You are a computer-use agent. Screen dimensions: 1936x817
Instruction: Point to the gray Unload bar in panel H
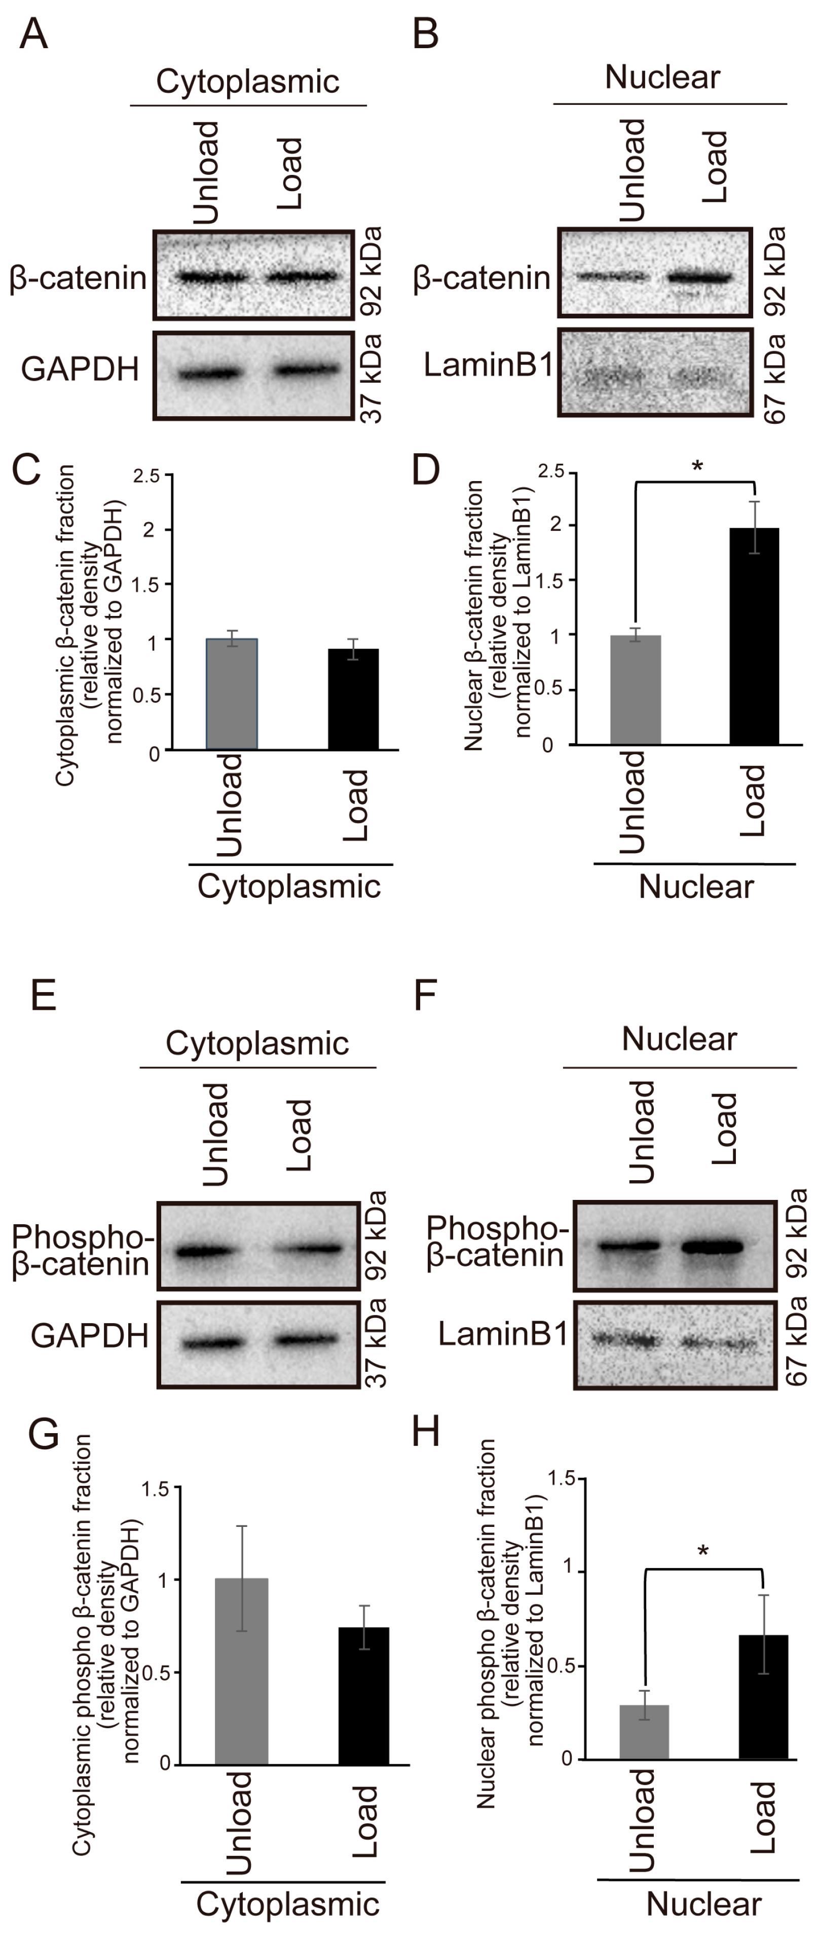(x=644, y=1732)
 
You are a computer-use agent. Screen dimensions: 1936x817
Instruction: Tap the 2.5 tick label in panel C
(x=146, y=476)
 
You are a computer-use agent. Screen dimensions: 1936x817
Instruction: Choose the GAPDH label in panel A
(x=80, y=369)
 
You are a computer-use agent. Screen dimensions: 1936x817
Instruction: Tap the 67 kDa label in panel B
(x=774, y=380)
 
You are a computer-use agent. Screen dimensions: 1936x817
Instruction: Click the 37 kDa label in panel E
(x=375, y=1342)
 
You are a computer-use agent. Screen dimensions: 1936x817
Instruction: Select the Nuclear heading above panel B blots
(x=662, y=78)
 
